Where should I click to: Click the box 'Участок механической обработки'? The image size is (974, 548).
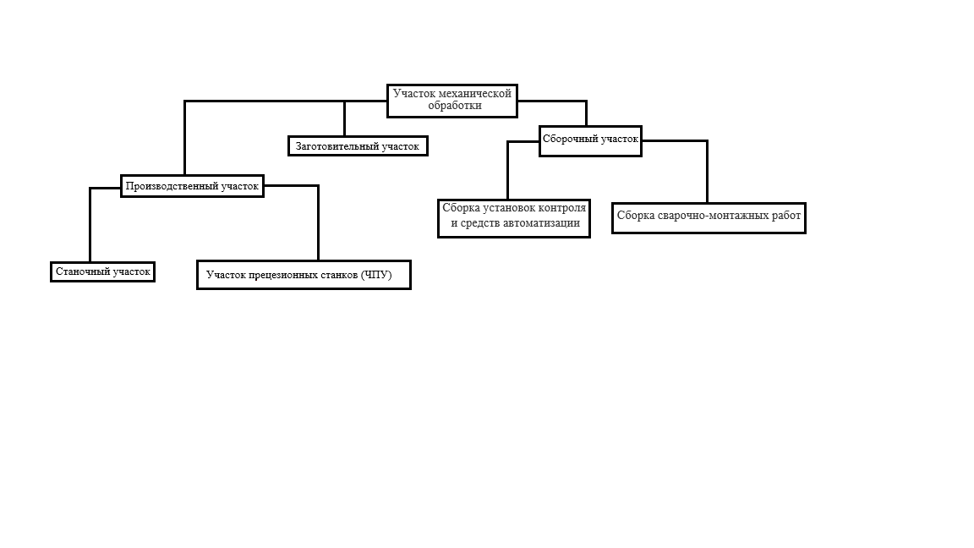(452, 101)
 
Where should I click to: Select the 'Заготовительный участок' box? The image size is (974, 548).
(358, 146)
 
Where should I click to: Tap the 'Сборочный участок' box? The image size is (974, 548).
(590, 141)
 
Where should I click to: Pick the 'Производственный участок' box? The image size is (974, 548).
(192, 186)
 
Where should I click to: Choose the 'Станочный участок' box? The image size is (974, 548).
(102, 271)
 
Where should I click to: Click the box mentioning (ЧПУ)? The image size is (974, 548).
(304, 275)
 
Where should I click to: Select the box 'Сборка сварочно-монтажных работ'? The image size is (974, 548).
(709, 218)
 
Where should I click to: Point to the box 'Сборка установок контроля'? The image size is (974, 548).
(514, 218)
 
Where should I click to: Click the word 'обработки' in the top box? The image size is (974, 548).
(455, 106)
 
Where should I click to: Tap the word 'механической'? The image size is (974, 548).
(475, 93)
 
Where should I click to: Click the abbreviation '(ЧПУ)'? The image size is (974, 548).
(375, 275)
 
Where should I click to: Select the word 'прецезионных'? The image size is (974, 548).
(284, 275)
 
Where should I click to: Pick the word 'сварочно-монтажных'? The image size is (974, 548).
(709, 216)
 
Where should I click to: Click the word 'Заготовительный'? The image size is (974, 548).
(337, 146)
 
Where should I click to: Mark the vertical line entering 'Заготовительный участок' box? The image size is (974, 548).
(345, 118)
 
